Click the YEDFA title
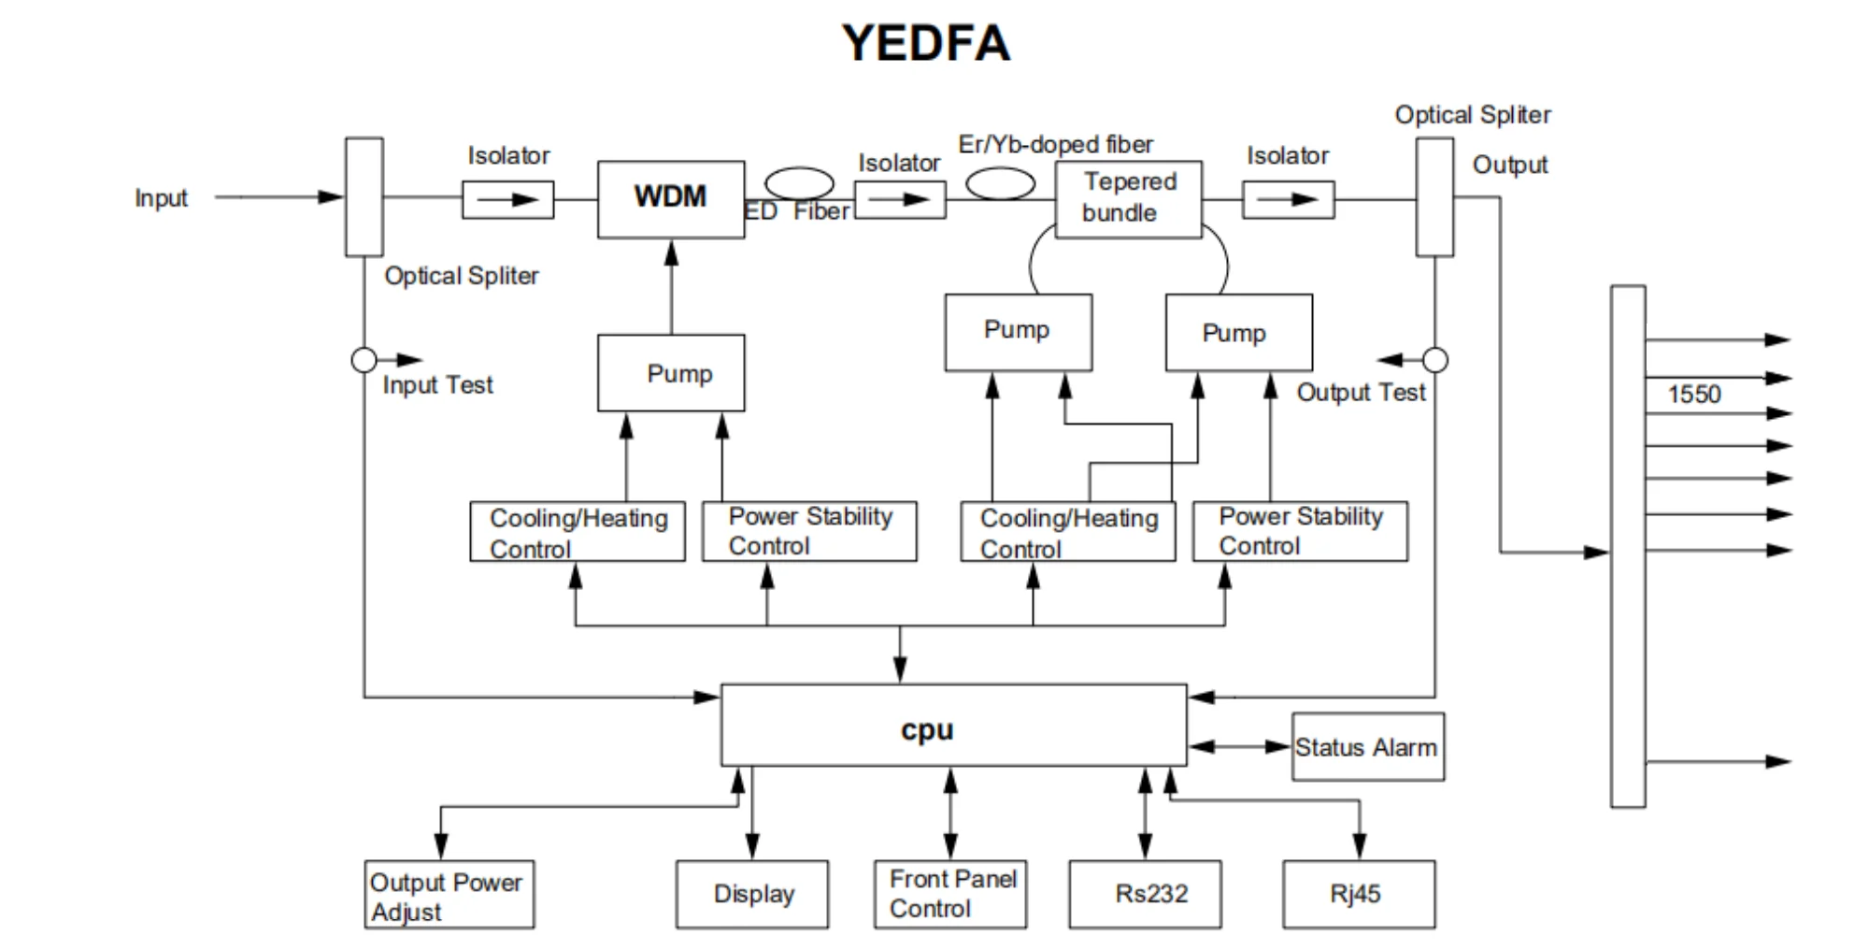pyautogui.click(x=925, y=43)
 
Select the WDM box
pyautogui.click(x=671, y=198)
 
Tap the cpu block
pyautogui.click(x=953, y=726)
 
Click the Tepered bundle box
pyautogui.click(x=1128, y=198)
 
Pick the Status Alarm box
pyautogui.click(x=1367, y=746)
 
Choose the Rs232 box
pyautogui.click(x=1145, y=894)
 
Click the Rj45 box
pyautogui.click(x=1358, y=894)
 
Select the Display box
pyautogui.click(x=752, y=894)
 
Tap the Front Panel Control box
pyautogui.click(x=950, y=894)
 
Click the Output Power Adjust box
pyautogui.click(x=449, y=894)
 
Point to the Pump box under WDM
pyautogui.click(x=671, y=373)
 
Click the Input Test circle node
pyautogui.click(x=364, y=360)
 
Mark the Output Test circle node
pyautogui.click(x=1435, y=360)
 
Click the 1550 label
pyautogui.click(x=1693, y=394)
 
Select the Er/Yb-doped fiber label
pyautogui.click(x=1055, y=144)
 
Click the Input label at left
pyautogui.click(x=161, y=198)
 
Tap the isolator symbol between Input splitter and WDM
pyautogui.click(x=507, y=199)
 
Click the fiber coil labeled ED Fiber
pyautogui.click(x=799, y=182)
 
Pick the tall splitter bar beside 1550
pyautogui.click(x=1628, y=546)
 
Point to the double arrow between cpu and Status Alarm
pyautogui.click(x=1239, y=746)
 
